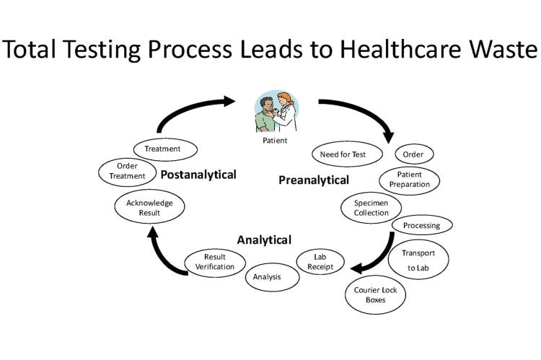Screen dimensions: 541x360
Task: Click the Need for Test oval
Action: [347, 154]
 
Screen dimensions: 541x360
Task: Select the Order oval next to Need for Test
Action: [414, 154]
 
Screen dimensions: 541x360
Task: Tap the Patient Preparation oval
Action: [409, 180]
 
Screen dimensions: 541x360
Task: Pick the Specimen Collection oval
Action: [371, 208]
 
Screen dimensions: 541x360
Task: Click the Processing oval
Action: [422, 225]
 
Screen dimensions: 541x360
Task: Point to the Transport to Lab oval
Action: [418, 260]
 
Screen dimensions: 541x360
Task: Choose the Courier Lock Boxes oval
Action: [375, 294]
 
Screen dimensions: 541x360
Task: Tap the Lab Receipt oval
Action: [320, 262]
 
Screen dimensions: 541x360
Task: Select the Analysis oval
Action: [272, 277]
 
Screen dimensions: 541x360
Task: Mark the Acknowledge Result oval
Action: [149, 206]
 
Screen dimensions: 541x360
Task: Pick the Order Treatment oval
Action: [127, 172]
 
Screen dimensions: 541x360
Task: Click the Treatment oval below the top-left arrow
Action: [165, 149]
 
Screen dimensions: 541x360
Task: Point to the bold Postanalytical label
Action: [198, 175]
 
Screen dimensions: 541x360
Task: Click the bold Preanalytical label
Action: [314, 180]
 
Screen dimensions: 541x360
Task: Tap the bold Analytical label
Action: [264, 240]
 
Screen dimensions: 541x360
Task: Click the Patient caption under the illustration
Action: [275, 141]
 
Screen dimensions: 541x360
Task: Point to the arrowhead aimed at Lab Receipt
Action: [356, 268]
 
